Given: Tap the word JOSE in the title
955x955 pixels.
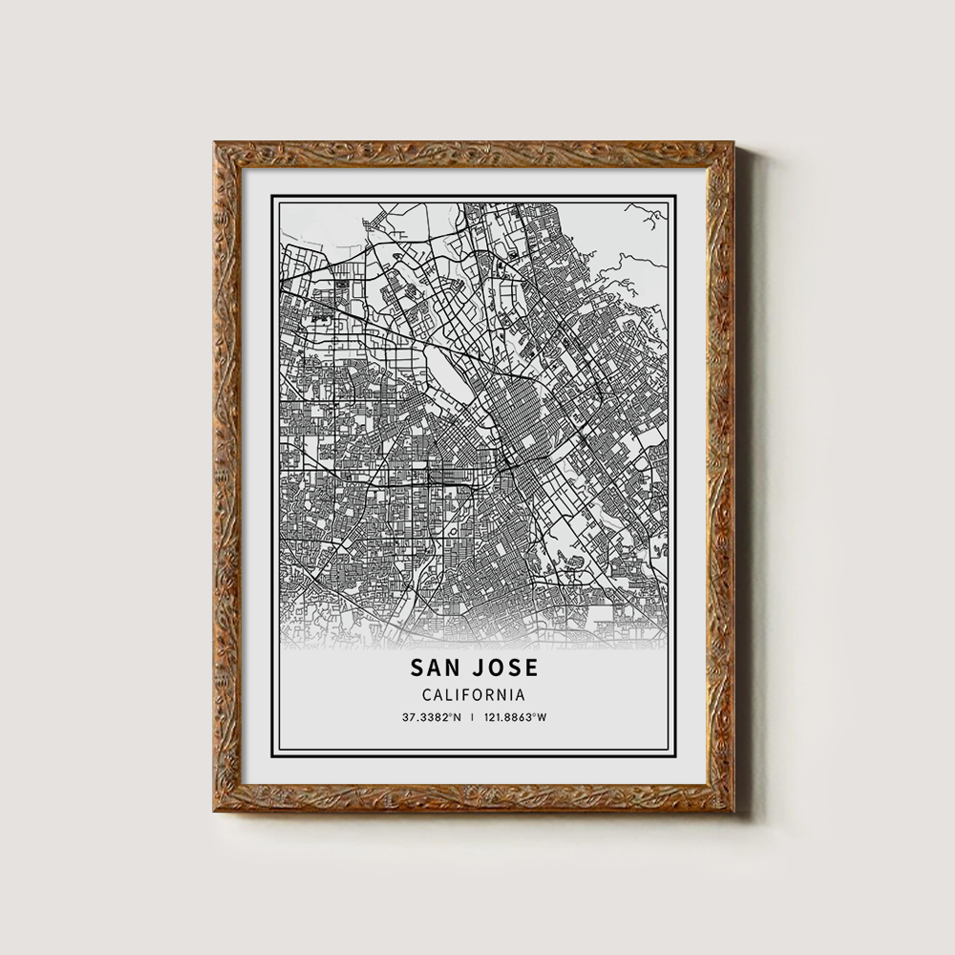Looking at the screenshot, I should point(505,667).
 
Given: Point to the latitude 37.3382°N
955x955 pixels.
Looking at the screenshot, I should point(431,717).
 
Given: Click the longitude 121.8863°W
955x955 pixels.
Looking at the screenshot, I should point(515,717).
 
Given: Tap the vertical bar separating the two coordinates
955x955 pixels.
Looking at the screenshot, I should point(473,717).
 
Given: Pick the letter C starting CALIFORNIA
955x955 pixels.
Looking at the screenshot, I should point(426,695).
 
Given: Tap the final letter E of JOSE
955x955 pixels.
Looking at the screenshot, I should point(531,667).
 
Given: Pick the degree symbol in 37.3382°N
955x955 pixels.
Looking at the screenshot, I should point(450,714).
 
